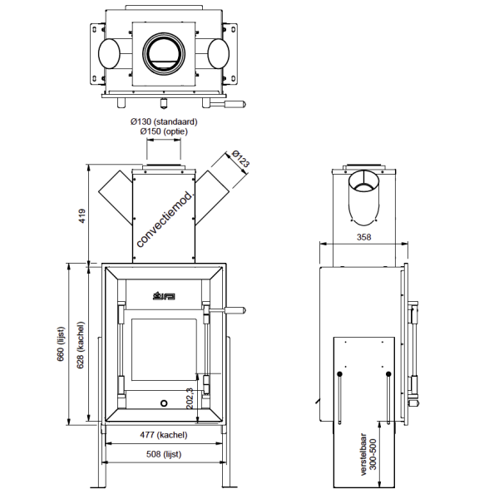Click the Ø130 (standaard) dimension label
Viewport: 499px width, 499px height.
(162, 121)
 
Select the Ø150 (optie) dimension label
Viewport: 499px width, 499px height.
(162, 131)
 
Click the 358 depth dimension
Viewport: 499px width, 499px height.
(363, 237)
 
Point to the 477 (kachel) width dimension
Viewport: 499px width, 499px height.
(162, 434)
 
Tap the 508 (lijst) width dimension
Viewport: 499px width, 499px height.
(162, 454)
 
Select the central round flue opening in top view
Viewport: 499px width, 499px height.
(162, 54)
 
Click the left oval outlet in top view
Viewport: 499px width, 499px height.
(109, 55)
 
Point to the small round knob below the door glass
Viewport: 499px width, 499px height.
(163, 403)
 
